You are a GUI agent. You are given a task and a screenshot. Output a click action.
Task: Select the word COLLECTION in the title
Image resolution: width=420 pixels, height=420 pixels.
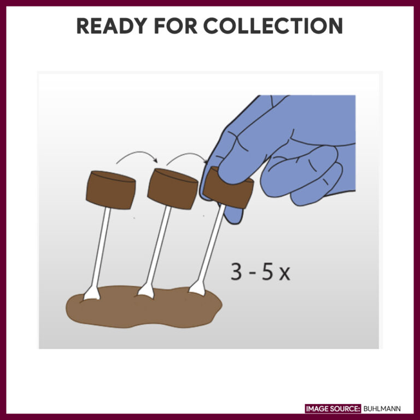coord(273,26)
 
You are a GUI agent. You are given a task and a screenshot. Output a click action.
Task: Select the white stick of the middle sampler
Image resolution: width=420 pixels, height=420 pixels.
coord(158,246)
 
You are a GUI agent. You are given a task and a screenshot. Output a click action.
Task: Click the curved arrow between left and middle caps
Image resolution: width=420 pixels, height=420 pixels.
coord(137,155)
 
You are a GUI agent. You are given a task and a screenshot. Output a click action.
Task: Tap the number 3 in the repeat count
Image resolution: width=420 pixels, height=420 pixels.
coord(237,271)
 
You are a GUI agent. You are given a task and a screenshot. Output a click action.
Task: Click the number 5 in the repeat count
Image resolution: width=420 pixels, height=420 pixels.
coord(267,271)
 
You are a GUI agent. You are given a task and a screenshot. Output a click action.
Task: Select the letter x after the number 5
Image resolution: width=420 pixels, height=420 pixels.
coord(284,273)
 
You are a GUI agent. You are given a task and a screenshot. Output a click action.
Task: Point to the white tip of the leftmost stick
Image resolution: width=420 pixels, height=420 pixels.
coord(90,296)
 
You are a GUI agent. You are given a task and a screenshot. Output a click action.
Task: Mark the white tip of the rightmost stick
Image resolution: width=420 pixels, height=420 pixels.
coord(197,288)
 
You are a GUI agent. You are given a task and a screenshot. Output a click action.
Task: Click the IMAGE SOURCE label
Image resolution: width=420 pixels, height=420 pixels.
coord(333,409)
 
